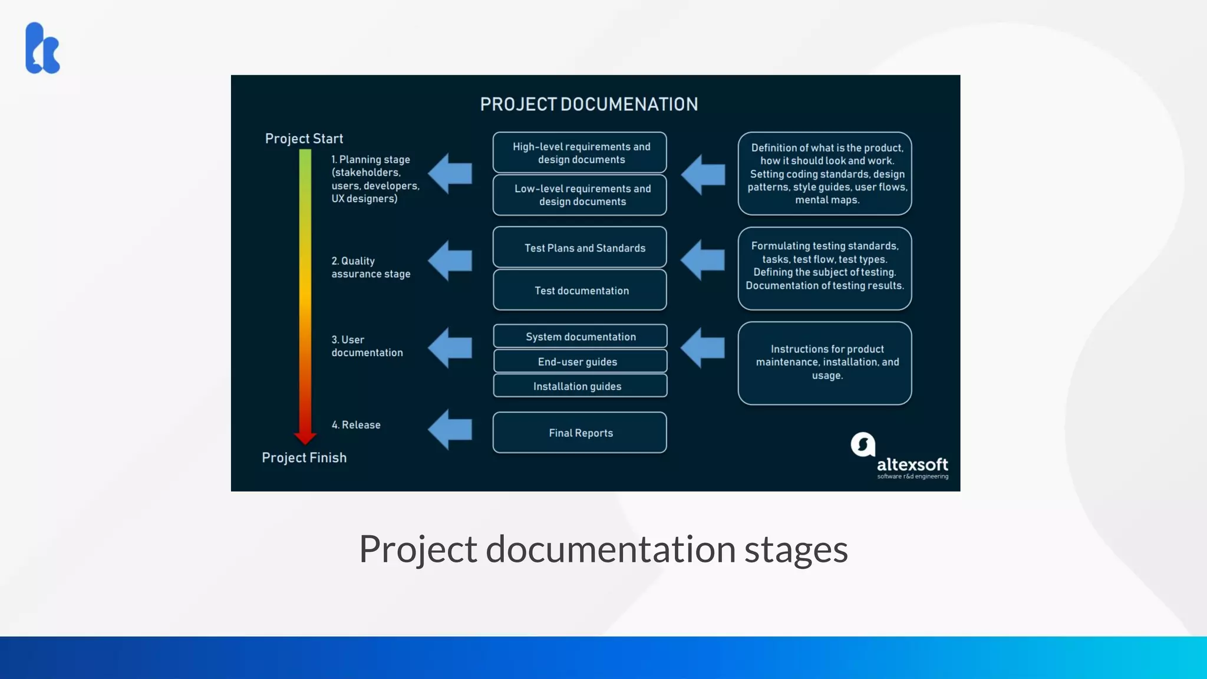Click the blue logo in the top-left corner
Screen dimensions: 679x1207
tap(42, 48)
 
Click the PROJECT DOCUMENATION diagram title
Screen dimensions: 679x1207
tap(589, 104)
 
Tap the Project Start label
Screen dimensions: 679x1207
tap(304, 139)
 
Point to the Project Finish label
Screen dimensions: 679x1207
tap(304, 457)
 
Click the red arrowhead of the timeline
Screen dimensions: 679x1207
tap(305, 437)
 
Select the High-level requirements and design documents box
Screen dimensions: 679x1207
tap(580, 153)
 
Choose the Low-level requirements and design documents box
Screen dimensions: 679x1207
tap(580, 195)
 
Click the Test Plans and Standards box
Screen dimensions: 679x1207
tap(580, 248)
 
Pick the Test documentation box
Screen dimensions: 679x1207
tap(580, 290)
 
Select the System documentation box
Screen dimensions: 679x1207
tap(580, 336)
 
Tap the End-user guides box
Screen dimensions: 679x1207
tap(580, 361)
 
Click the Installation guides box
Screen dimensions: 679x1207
tap(580, 386)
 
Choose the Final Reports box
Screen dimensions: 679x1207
tap(580, 433)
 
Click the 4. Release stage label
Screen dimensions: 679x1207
tap(356, 425)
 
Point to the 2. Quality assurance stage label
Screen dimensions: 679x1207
tap(371, 267)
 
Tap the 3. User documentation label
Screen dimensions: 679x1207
tap(367, 346)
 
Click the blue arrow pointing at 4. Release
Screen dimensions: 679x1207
tap(450, 429)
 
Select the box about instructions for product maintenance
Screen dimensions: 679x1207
tap(825, 362)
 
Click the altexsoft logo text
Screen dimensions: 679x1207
tap(912, 464)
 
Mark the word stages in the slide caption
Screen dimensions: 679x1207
tap(796, 549)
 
